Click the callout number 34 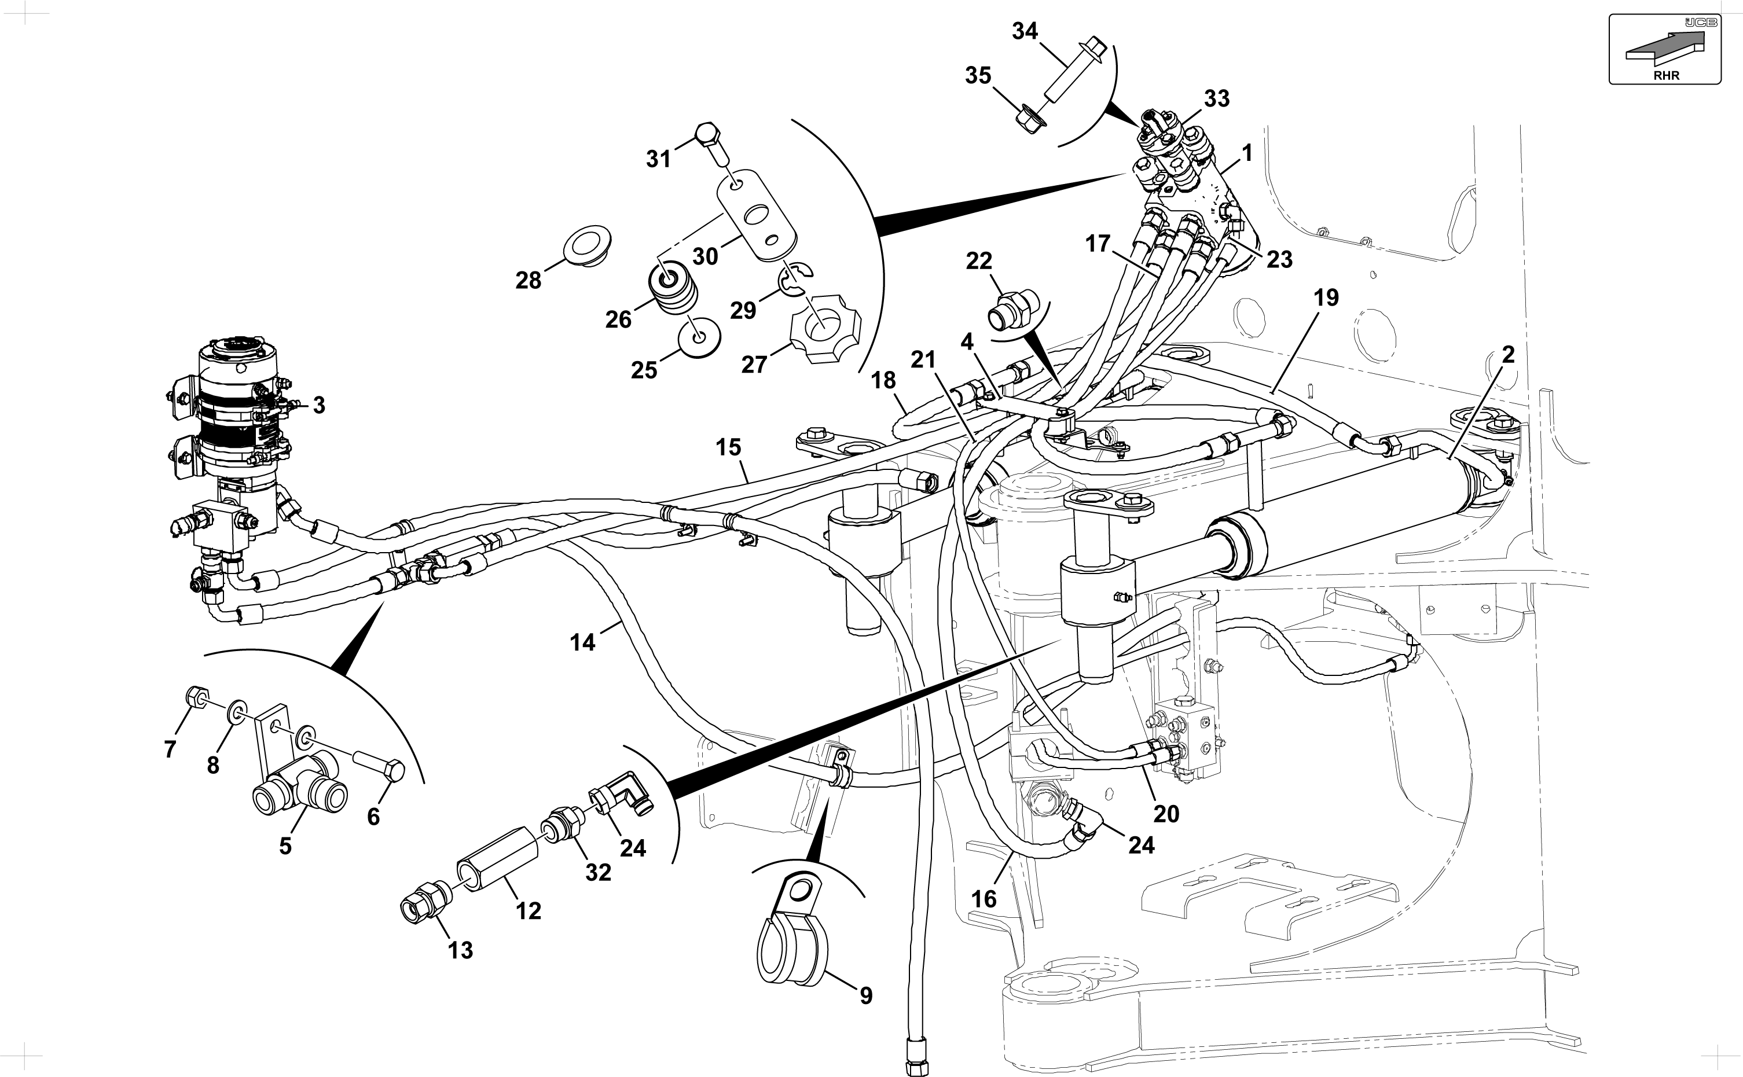tap(1025, 32)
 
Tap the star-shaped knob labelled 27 tap(825, 328)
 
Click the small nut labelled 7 tap(196, 695)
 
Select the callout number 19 tap(1326, 297)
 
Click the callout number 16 tap(984, 899)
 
